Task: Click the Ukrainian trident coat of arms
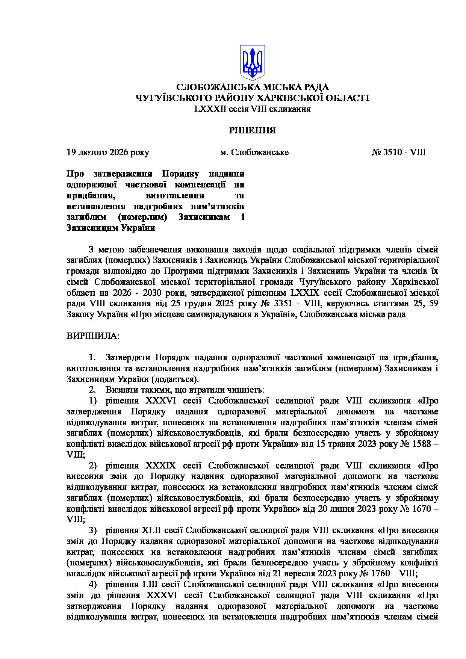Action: click(253, 62)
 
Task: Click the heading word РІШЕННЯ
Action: click(253, 130)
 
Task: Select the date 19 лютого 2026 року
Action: click(108, 152)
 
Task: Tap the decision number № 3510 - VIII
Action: click(398, 152)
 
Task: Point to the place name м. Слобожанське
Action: click(254, 152)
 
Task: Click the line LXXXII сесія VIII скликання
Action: click(253, 109)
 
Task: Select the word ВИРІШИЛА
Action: click(92, 336)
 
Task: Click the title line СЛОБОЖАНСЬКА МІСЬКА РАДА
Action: click(253, 87)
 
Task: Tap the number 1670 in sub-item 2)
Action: click(420, 509)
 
